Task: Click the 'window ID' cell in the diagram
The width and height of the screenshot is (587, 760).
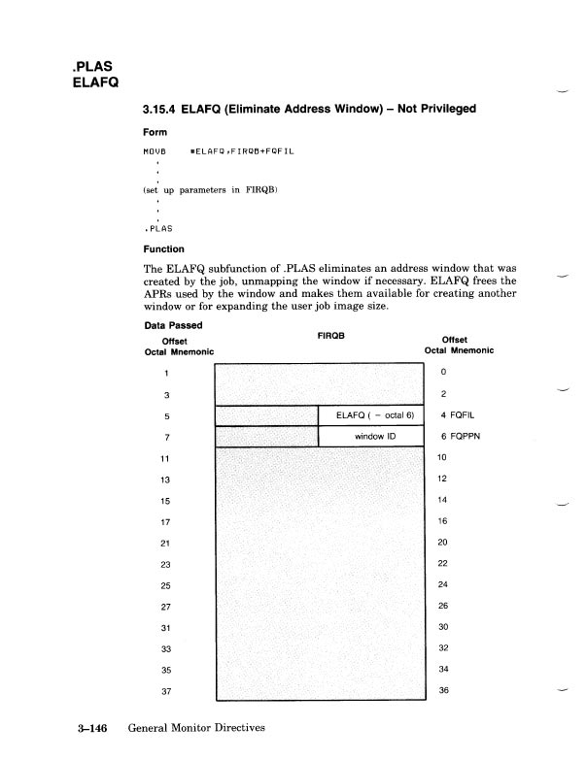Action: (373, 437)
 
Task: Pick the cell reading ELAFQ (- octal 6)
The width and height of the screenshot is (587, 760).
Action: (373, 415)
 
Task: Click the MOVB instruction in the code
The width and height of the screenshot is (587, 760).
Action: (155, 153)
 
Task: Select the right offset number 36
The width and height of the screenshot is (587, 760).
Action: (443, 691)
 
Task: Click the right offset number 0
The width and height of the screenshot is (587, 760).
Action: (442, 373)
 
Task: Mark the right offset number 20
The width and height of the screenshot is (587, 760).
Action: (443, 543)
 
